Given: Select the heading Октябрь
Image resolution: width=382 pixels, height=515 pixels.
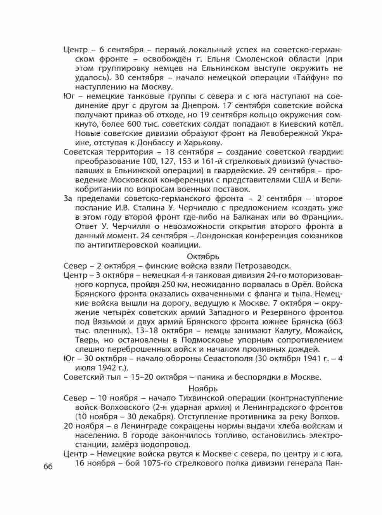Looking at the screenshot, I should point(203,257).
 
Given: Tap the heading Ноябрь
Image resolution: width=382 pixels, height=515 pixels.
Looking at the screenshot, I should point(203,388).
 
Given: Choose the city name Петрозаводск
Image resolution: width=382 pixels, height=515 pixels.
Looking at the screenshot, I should point(261,266).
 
